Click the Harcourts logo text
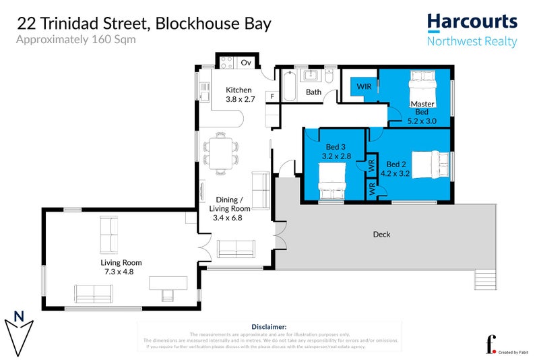coord(472,22)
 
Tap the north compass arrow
coord(20,330)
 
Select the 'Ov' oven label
coord(246,63)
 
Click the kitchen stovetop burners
coord(226,63)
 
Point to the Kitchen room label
coord(239,90)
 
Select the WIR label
coord(364,87)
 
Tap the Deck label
coord(381,235)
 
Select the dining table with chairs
coord(220,152)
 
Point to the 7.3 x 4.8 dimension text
coord(121,272)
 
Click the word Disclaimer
coord(268,326)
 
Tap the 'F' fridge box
coord(272,97)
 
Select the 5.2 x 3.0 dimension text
coord(422,121)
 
